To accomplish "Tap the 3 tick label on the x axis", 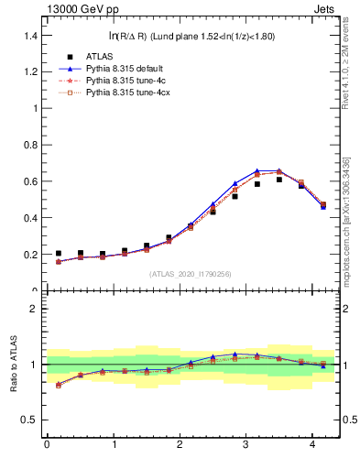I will click(246, 446).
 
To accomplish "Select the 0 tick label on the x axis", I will click(47, 446).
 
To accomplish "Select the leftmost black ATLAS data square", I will click(59, 254).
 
